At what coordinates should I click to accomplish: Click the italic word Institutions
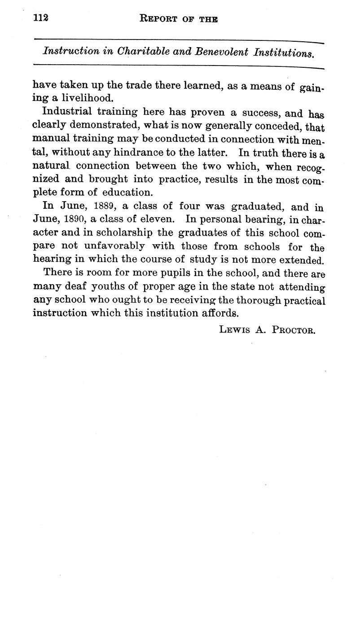coord(283,53)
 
